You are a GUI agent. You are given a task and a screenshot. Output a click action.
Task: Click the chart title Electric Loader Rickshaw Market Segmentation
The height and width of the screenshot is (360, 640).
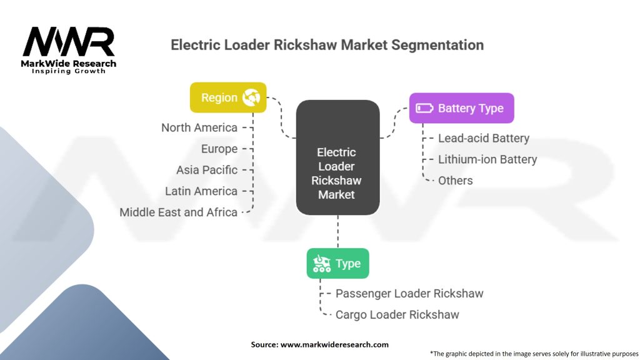[327, 45]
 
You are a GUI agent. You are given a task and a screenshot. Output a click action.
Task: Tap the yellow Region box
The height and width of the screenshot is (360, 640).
[228, 97]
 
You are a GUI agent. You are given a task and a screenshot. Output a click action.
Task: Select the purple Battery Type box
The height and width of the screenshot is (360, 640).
[461, 107]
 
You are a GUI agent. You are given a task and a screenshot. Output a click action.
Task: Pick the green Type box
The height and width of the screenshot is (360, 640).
[337, 263]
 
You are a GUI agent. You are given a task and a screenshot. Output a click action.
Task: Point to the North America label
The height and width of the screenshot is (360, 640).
[199, 127]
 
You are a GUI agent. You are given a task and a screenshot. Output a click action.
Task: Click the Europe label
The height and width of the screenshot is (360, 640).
[219, 149]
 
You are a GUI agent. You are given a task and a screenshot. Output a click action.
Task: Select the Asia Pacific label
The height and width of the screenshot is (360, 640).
[207, 170]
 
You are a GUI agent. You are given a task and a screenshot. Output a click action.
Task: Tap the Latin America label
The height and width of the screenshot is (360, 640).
[201, 191]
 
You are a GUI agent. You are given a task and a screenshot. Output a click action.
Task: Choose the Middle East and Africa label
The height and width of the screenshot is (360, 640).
[179, 212]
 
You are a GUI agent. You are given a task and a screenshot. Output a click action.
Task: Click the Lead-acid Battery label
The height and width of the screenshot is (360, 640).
[484, 138]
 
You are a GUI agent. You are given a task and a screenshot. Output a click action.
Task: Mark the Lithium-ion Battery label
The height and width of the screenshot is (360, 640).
[487, 159]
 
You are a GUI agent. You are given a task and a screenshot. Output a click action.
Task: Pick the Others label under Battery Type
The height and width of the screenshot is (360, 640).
[456, 181]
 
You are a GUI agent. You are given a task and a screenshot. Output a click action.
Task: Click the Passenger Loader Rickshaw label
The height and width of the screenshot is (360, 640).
[409, 293]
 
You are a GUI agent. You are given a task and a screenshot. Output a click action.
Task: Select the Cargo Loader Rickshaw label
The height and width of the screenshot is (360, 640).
[397, 314]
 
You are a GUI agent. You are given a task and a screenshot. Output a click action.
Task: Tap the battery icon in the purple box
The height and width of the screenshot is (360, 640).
[424, 107]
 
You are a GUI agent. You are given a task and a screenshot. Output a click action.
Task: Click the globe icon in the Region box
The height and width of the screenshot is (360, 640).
[252, 97]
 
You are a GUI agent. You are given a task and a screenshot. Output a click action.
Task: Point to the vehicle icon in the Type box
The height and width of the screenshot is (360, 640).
[321, 263]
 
